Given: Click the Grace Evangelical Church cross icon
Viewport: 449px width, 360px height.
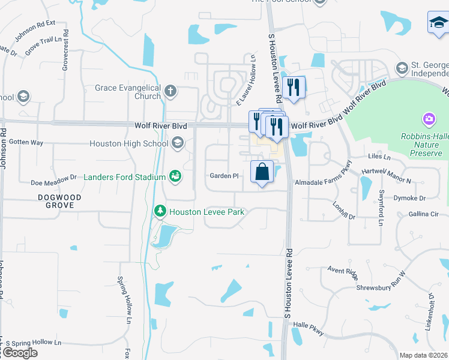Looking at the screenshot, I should point(170,91).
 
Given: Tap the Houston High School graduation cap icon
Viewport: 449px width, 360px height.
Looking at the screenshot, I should point(178,143).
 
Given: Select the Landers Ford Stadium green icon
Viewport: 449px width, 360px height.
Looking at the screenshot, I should point(175,176).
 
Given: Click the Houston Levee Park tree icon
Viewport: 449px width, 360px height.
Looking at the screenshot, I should point(160,211).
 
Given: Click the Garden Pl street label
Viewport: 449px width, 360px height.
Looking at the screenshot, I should point(224,176).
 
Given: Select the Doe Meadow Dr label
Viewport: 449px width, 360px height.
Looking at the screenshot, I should point(54,178).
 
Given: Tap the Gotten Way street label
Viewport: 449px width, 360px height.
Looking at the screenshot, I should point(26,143).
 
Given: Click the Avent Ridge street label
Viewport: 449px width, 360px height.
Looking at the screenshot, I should point(342,271).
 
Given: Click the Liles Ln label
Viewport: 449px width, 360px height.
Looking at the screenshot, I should point(379,158).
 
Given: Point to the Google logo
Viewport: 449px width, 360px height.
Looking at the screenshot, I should point(20,353).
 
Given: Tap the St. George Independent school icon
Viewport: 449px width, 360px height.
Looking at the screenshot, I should point(402,67).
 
